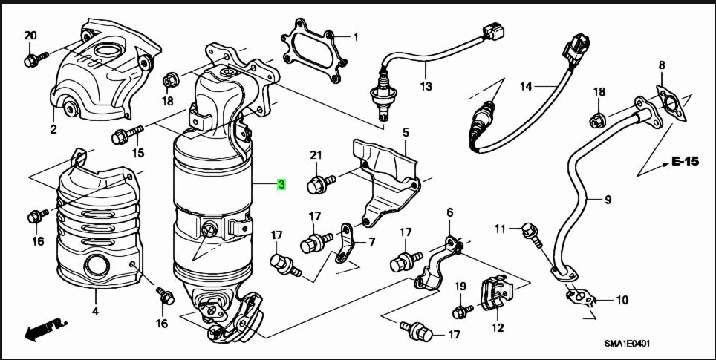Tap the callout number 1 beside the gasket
point(355,36)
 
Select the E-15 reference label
point(686,160)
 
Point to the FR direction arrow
point(45,329)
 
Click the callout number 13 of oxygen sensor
point(425,87)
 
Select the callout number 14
point(527,87)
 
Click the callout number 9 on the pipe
point(607,200)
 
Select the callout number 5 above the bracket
point(406,134)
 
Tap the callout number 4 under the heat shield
point(94,312)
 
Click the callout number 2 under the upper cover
point(53,130)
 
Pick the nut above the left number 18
point(169,77)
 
